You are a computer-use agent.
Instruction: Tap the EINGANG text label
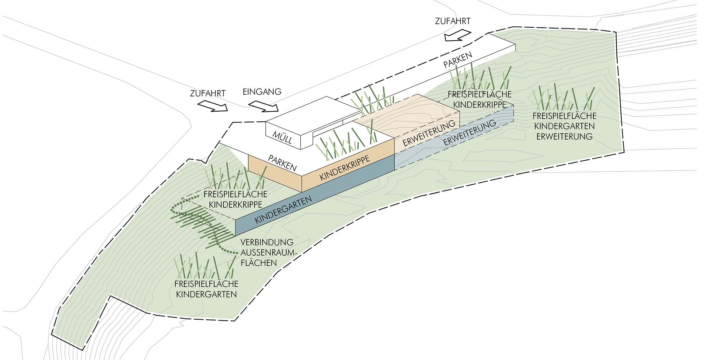[262, 91]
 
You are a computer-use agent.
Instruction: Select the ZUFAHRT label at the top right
[453, 21]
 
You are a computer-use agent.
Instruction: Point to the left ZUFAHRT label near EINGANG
[208, 93]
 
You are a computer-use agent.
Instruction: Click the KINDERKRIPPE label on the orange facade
[345, 168]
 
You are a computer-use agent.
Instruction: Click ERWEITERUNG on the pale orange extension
[429, 133]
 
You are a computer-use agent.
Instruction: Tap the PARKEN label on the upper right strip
[458, 60]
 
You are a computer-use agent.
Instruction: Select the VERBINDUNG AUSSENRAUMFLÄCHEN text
[267, 252]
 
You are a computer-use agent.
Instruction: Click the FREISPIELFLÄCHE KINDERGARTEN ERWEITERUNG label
[564, 126]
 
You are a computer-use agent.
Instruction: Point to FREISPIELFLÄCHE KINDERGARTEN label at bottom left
[206, 289]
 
